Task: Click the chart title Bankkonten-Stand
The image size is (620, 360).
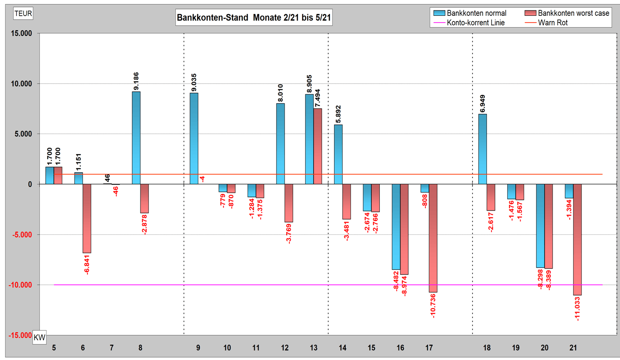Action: (254, 18)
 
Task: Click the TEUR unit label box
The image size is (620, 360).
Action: (23, 14)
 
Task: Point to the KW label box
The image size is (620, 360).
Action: (39, 337)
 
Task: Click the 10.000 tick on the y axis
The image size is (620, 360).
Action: (21, 84)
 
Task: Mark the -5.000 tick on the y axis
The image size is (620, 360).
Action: (20, 235)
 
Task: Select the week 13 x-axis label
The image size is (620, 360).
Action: (314, 348)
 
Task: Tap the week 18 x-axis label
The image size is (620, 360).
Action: (487, 348)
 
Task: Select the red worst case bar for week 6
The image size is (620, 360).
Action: (87, 218)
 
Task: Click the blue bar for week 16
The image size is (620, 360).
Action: (396, 227)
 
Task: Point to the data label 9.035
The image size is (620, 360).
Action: (194, 82)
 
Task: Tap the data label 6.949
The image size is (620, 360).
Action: (483, 104)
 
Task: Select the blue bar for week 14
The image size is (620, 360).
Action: (338, 154)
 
